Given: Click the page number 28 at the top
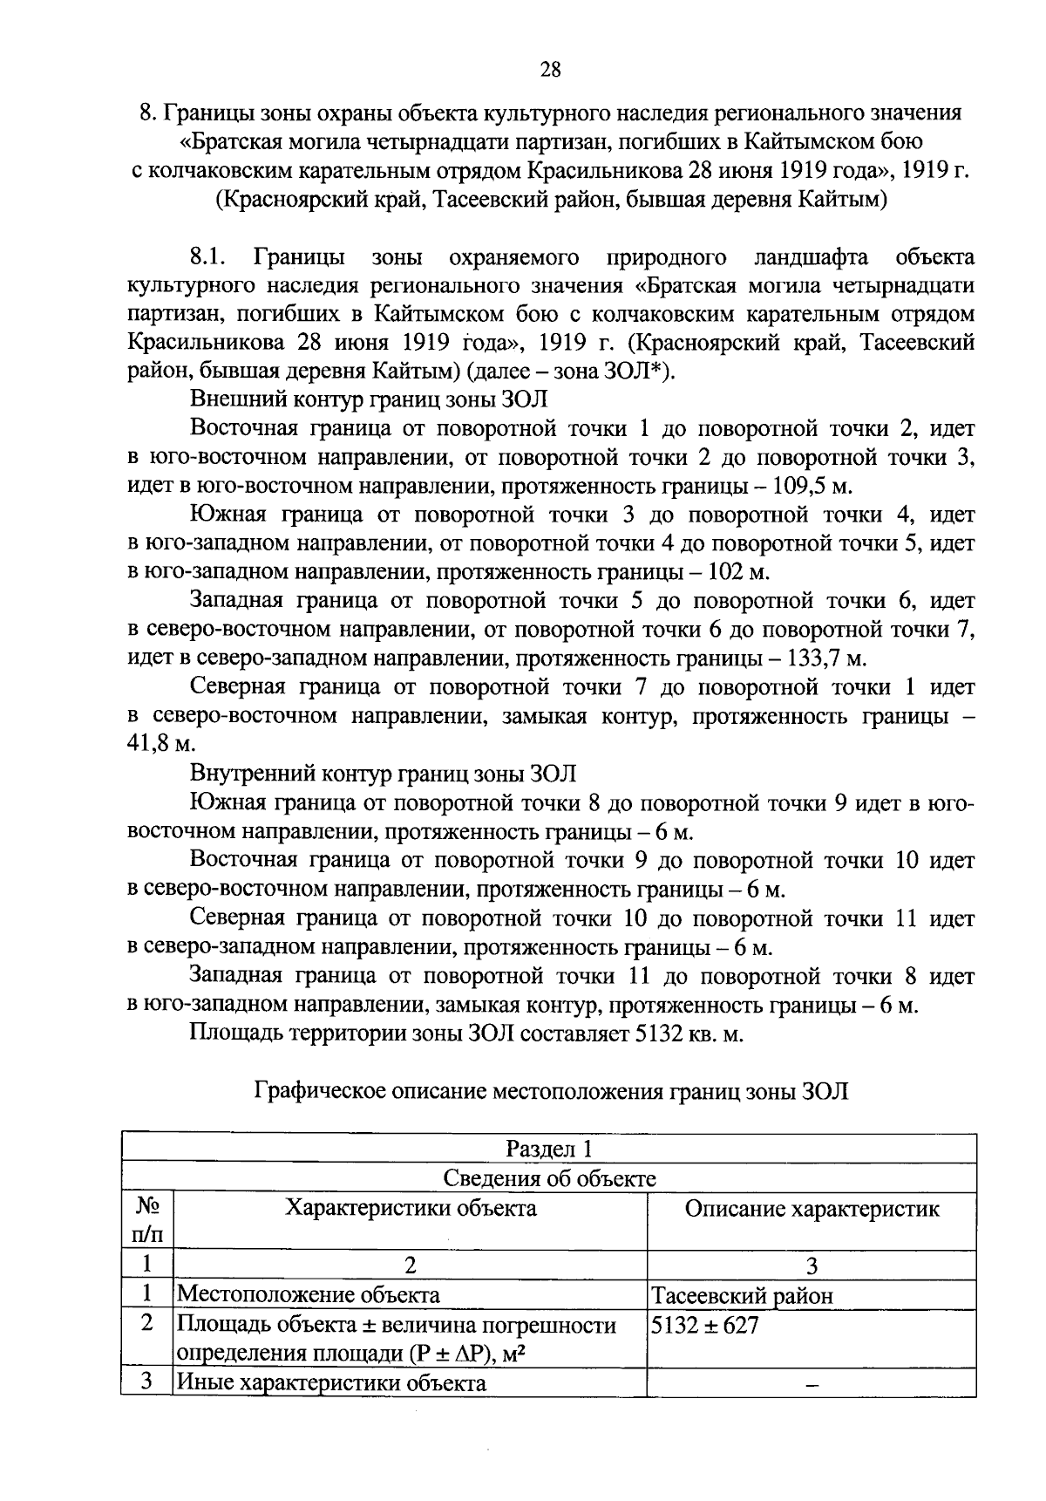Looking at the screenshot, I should click(550, 69).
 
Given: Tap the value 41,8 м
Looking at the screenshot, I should click(160, 744).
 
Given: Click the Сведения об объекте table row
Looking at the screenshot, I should click(549, 1178).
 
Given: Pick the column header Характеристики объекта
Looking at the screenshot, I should click(411, 1208).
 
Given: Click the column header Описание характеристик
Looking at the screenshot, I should click(812, 1208).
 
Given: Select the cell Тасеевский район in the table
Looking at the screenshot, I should click(743, 1295).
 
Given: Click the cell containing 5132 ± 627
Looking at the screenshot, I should click(705, 1326).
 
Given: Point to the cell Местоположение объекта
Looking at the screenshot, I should click(309, 1295).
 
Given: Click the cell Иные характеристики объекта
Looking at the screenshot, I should click(331, 1382).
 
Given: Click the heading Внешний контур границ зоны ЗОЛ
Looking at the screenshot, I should click(369, 400).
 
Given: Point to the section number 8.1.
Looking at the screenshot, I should click(207, 257).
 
